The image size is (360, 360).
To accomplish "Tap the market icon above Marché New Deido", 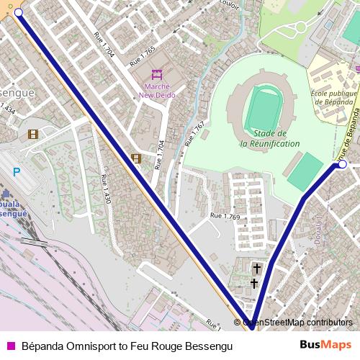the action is (x=157, y=74).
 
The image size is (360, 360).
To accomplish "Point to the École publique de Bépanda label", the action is (x=334, y=98).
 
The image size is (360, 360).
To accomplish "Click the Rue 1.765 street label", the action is (x=143, y=58).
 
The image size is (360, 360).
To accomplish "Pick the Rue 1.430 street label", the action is (x=106, y=189).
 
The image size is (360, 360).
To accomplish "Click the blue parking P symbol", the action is (x=17, y=173).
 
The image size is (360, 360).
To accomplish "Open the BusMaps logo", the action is (x=325, y=346).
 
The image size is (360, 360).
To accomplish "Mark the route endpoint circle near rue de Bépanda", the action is (x=343, y=165).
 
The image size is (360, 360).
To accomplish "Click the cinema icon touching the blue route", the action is (x=135, y=158).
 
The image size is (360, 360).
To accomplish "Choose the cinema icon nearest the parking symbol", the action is (x=32, y=134).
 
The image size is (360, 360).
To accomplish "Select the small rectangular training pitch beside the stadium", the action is (x=305, y=171).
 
